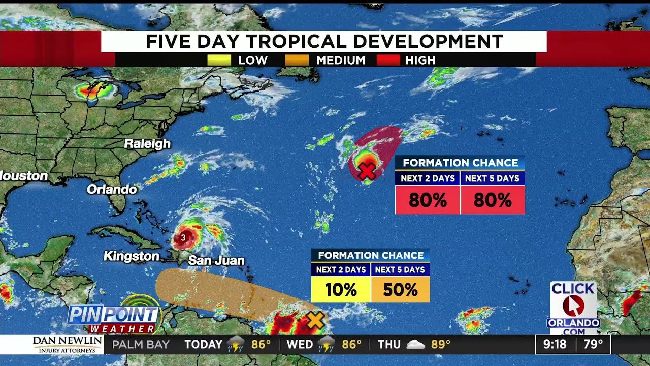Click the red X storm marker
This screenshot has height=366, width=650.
click(367, 172)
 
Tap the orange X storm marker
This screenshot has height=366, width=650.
click(315, 320)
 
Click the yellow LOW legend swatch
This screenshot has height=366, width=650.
click(219, 60)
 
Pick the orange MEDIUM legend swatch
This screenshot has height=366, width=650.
click(297, 60)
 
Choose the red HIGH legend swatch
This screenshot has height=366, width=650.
click(388, 60)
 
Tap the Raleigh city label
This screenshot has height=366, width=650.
click(147, 144)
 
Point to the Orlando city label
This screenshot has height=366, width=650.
click(112, 189)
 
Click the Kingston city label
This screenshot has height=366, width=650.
click(132, 256)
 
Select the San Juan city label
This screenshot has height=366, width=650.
click(216, 261)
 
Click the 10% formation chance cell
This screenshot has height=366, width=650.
click(341, 290)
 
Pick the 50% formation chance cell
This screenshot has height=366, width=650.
click(401, 290)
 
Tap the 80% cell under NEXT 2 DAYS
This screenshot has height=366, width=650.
click(428, 200)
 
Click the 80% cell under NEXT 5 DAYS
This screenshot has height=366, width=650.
click(492, 200)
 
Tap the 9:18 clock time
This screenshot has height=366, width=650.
click(555, 344)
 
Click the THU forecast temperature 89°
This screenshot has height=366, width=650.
click(441, 344)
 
